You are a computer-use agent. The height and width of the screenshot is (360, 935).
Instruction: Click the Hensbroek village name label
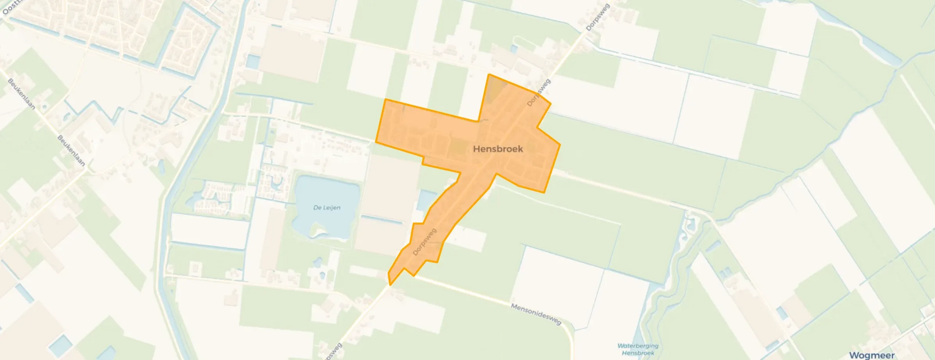tap(498, 149)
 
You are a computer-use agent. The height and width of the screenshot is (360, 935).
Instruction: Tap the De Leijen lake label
tap(327, 207)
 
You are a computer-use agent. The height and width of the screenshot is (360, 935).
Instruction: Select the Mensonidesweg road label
tap(536, 314)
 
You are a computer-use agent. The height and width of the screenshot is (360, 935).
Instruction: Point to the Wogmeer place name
tap(872, 355)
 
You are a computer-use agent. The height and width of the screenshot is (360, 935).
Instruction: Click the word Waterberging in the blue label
tap(638, 346)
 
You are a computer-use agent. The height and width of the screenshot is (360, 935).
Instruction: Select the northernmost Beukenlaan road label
tap(21, 94)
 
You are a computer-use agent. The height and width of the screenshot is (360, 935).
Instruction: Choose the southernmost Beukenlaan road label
tap(72, 151)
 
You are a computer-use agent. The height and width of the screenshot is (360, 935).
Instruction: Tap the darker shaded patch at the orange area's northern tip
tap(495, 88)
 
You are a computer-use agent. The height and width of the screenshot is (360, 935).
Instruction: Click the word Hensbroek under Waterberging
tap(638, 353)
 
